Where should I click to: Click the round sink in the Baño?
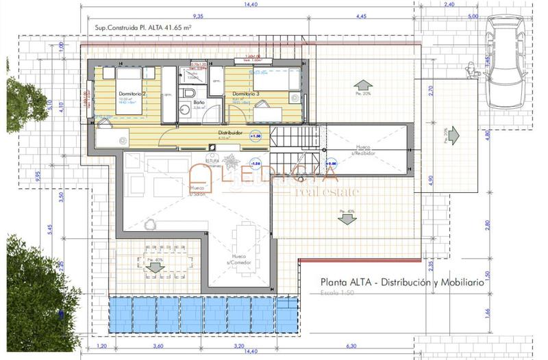tap(185, 109)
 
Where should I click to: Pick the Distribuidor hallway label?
tap(232, 132)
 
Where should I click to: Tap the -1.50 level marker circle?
tap(255, 164)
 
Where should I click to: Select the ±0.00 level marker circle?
tap(332, 164)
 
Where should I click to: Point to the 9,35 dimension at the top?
tap(198, 14)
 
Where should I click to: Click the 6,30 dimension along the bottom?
tap(352, 346)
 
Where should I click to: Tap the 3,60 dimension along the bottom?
tap(158, 346)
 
